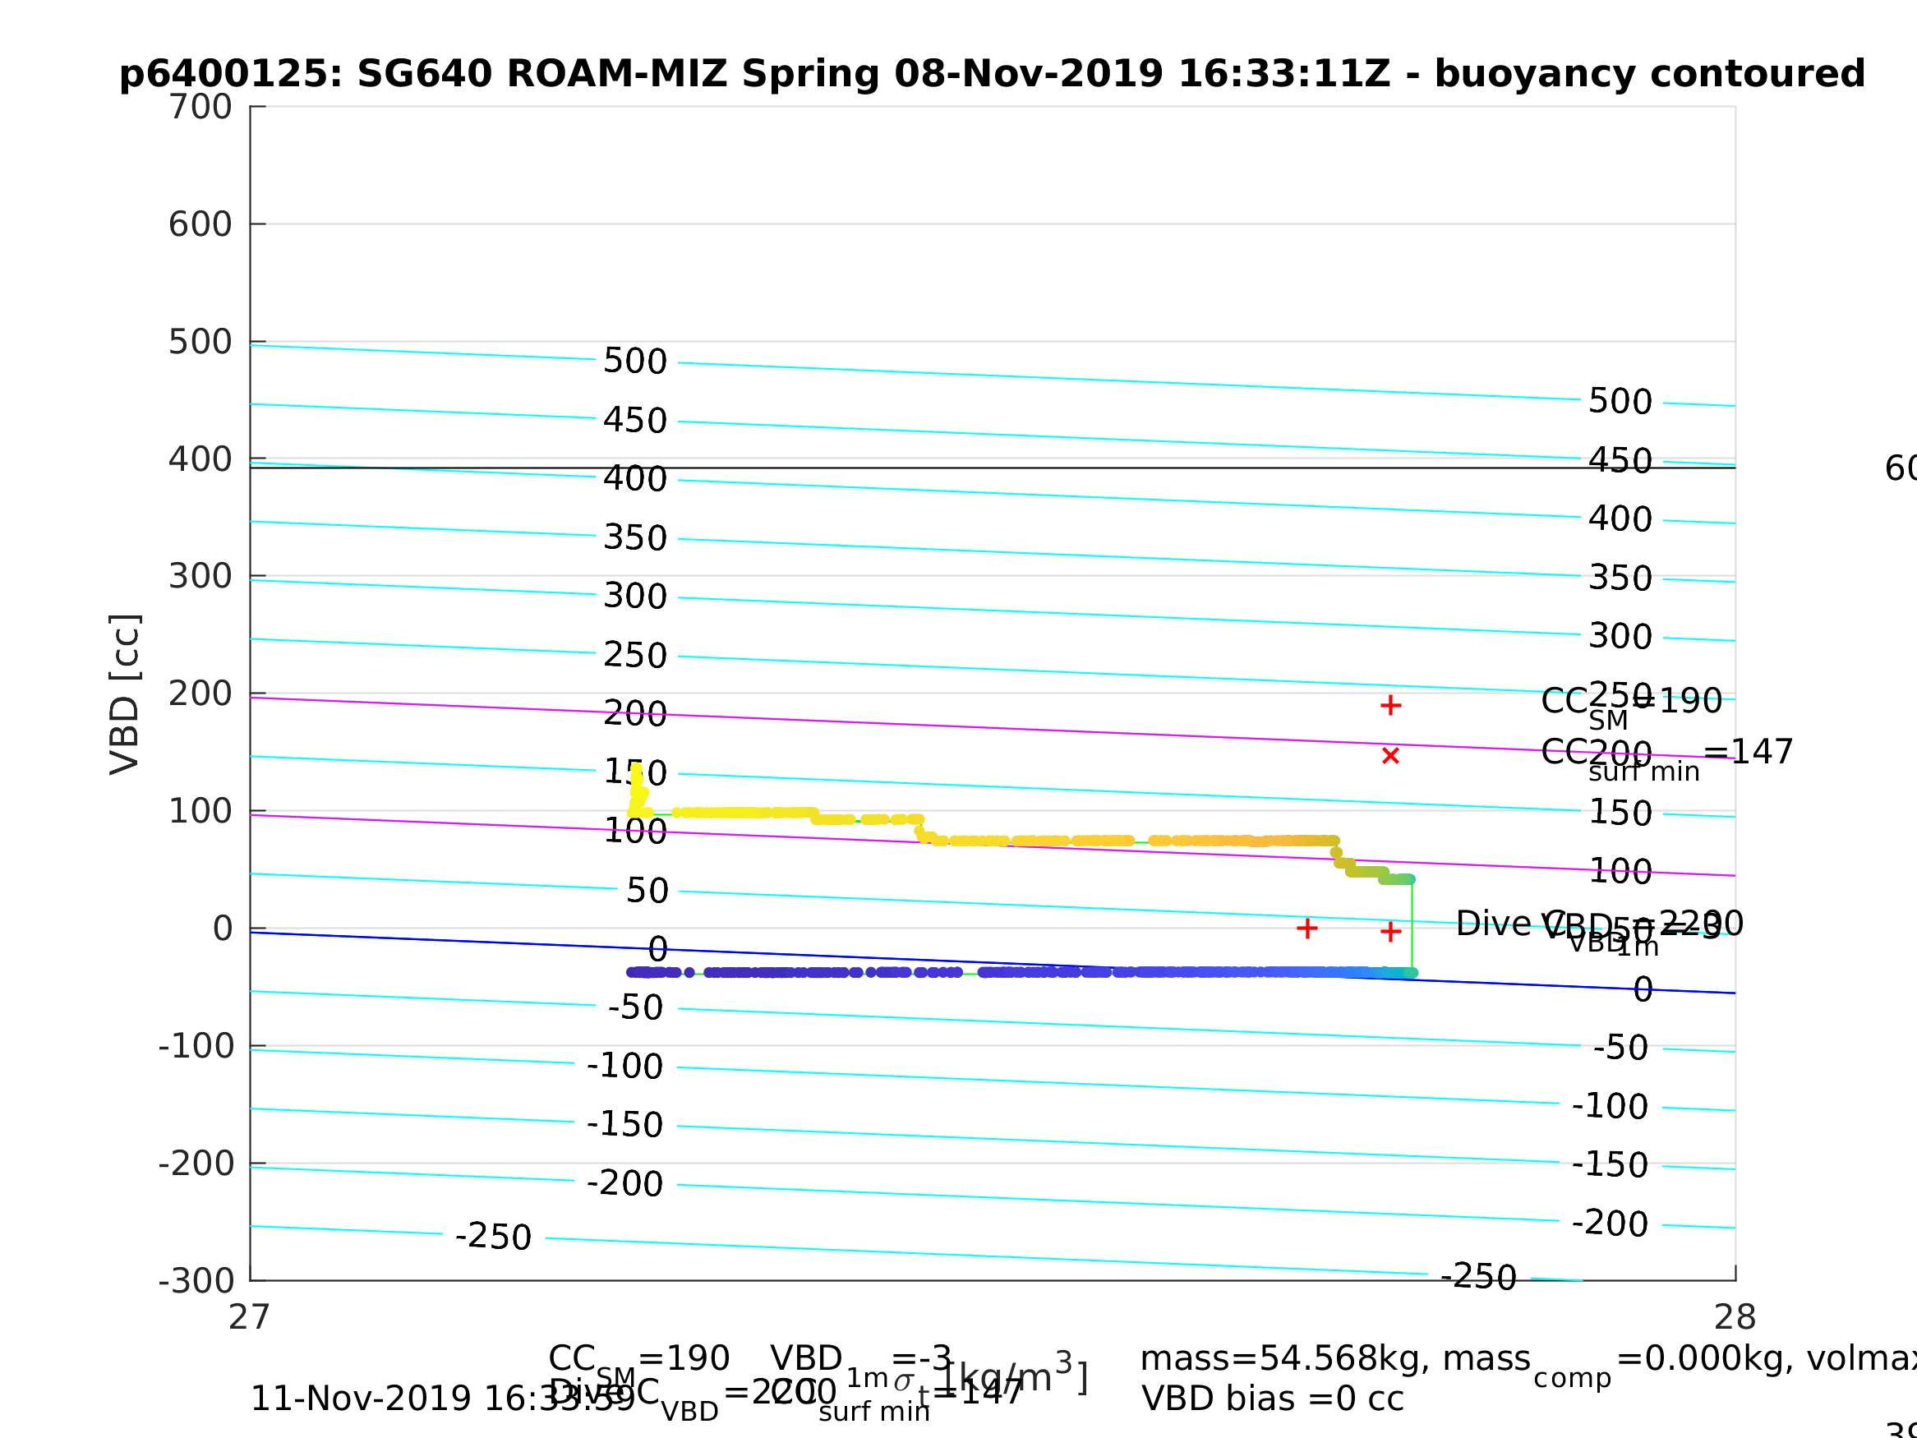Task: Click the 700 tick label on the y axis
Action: point(200,108)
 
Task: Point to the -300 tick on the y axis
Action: point(196,1281)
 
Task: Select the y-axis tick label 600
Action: point(200,224)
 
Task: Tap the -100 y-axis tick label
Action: point(196,1046)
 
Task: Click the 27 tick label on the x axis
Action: point(250,1318)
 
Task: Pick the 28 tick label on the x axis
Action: point(1735,1318)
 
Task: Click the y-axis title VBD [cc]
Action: point(126,694)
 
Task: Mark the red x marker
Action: point(1391,756)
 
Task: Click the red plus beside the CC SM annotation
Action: point(1391,706)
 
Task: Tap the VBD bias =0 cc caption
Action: point(1272,1399)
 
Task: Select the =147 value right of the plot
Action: point(1748,753)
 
